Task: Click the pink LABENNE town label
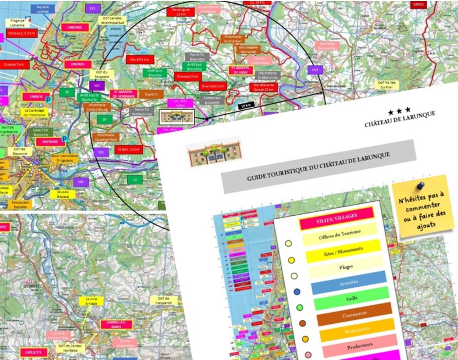coord(75,27)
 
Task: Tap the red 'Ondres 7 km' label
coord(13,64)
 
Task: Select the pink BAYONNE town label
coord(50,142)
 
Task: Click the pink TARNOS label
coord(36,97)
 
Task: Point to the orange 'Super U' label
coord(151,94)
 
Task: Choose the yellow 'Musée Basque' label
coord(63,194)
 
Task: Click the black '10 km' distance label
coord(246,106)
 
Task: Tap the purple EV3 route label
coord(315,70)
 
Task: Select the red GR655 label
coord(418,5)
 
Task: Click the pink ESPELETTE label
coord(33,352)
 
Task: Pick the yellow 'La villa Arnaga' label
coord(91,301)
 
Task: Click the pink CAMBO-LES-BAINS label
coord(116,324)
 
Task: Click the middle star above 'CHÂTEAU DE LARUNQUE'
coord(399,111)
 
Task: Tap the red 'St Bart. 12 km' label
coord(129,150)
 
